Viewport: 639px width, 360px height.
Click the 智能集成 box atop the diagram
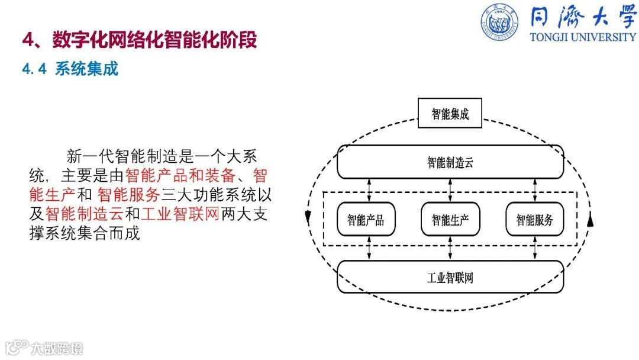(x=450, y=114)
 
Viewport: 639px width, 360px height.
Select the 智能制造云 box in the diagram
(x=450, y=162)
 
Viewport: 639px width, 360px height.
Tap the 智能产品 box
(x=365, y=220)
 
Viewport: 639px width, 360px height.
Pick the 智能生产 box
(x=450, y=220)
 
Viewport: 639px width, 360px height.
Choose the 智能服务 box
(x=534, y=220)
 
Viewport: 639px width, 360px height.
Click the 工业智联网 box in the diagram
(x=450, y=277)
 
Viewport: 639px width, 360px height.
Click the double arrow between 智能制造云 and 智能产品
(x=370, y=191)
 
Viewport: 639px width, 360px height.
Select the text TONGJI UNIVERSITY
(x=583, y=37)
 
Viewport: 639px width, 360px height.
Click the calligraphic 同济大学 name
(x=583, y=17)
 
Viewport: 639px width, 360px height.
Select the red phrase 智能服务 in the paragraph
(x=129, y=195)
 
